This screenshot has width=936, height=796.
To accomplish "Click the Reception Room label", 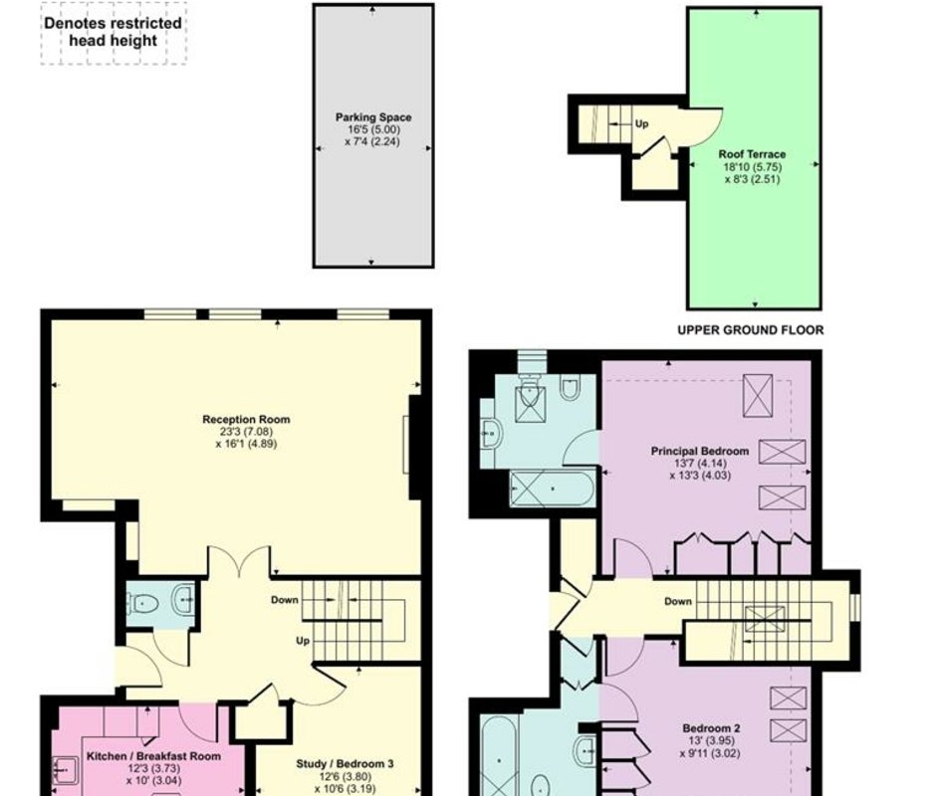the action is tap(246, 420).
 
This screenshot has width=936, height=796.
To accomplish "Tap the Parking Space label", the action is tap(373, 117).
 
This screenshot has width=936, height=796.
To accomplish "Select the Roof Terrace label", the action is tap(752, 154).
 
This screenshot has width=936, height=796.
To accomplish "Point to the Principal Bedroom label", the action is tap(700, 451).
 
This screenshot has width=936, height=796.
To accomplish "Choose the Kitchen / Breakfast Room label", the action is tap(153, 756).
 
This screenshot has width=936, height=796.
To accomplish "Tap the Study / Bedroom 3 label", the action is tap(345, 764).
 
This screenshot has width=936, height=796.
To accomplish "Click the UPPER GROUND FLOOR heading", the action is tap(751, 330).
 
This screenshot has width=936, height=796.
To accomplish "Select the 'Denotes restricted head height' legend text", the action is tap(113, 32).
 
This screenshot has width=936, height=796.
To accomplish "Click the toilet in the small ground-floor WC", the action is tap(143, 603).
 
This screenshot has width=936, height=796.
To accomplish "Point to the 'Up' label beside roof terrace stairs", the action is tap(641, 124).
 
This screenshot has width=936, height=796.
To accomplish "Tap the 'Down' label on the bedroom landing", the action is tap(678, 601).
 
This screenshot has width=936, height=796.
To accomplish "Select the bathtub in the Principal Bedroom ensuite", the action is tap(553, 489).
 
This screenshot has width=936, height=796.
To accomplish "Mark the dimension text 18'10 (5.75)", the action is tap(752, 167).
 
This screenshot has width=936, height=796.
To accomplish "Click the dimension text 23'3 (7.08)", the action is tap(246, 432).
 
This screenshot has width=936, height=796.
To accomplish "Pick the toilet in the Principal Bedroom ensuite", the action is tap(570, 388).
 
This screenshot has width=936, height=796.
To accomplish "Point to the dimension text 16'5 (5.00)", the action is tap(373, 129).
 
